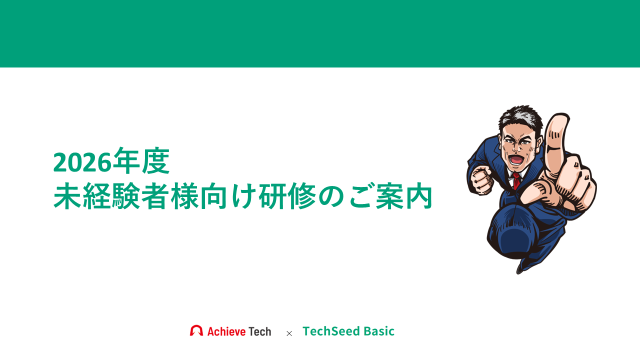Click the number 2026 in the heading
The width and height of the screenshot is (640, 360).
coord(82,162)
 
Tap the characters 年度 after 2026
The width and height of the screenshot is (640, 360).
coord(141,161)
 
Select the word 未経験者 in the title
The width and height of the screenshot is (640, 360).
coord(111,196)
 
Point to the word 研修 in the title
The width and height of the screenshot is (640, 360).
coord(287,196)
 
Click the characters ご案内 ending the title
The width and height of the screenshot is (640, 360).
coord(390,196)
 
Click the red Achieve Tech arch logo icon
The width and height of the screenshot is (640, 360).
coord(196,330)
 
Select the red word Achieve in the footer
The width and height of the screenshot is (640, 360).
coord(226,331)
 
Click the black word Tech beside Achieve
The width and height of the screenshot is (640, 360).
coord(259,331)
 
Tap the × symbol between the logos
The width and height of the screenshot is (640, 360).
coord(289,333)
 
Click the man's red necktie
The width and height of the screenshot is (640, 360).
coord(516,180)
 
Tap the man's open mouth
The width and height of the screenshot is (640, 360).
coord(516,160)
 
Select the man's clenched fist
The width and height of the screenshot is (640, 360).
coord(482,180)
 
